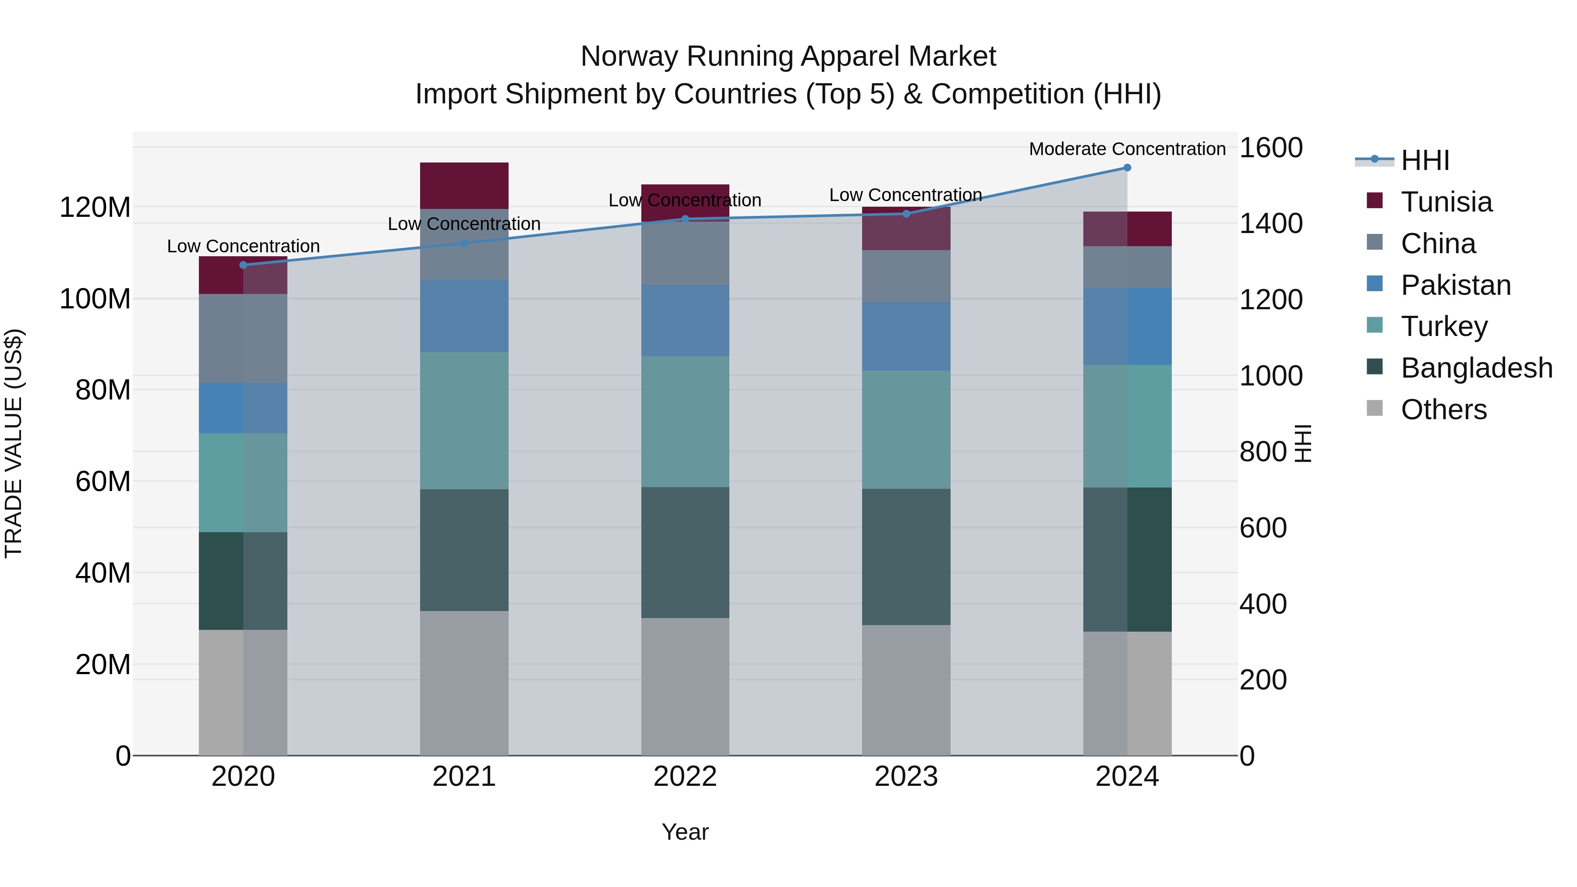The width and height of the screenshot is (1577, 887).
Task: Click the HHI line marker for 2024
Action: pos(1127,168)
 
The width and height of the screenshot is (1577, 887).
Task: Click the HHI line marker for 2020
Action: pos(243,265)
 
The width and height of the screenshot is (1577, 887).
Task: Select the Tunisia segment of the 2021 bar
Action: pos(464,185)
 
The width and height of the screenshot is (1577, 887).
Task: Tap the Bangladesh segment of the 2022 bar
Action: pos(685,552)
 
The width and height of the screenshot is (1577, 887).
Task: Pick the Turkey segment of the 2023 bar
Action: pos(906,429)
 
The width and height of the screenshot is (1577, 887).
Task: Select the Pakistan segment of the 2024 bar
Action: pos(1127,326)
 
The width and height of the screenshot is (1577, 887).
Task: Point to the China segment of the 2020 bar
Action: pos(243,339)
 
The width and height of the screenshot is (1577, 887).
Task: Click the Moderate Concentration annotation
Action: pos(1127,149)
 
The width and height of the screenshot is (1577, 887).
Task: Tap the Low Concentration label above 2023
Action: pos(905,194)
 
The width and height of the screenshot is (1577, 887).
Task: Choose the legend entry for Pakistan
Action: pos(1455,285)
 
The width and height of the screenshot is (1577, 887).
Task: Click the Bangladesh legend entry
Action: pos(1476,368)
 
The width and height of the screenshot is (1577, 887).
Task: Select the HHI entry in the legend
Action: pos(1425,160)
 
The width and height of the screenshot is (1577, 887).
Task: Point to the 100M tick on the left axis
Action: pos(95,299)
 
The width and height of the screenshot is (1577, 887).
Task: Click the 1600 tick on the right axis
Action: pos(1271,148)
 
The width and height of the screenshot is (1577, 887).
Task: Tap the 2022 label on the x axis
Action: pos(685,777)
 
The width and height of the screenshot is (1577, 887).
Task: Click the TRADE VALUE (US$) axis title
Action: pos(14,443)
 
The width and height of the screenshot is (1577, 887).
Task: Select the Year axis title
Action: pos(685,832)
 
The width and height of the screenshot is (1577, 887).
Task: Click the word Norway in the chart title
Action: pos(629,57)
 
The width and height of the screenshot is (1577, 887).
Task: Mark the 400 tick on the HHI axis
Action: pos(1263,604)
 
